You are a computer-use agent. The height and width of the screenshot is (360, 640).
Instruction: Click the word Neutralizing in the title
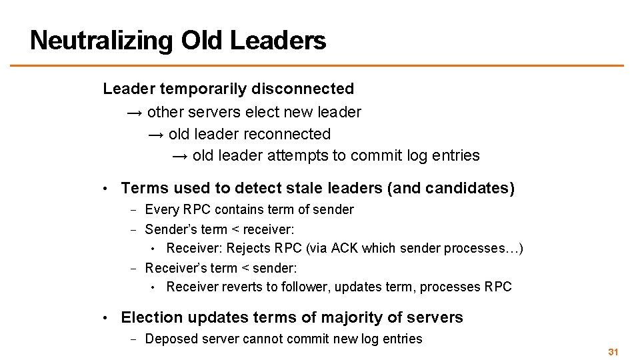[x=102, y=40]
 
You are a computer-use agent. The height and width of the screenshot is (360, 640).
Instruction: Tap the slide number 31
[x=613, y=351]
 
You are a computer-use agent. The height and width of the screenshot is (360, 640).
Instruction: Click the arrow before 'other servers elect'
[x=135, y=112]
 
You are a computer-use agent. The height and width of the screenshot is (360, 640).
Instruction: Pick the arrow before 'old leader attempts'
[x=180, y=156]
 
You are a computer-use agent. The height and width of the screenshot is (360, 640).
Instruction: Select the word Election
[x=152, y=317]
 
